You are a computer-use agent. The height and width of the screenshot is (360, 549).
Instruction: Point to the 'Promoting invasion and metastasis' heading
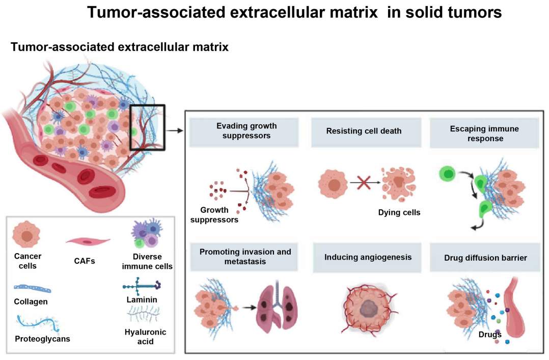245,257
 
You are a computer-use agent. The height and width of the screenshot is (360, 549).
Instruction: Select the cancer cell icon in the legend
26,235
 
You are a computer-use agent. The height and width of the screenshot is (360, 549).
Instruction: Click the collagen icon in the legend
32,289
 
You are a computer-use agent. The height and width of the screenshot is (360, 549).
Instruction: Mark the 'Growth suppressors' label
218,215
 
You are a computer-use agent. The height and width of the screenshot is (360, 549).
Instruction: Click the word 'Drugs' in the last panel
490,335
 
